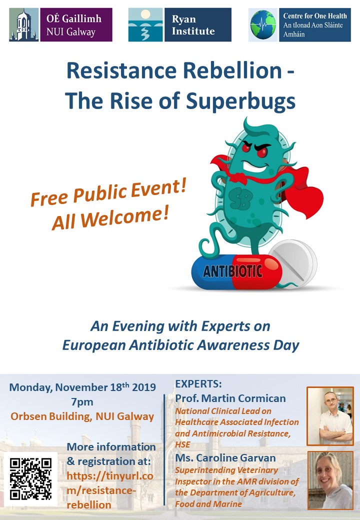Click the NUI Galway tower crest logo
coord(23,24)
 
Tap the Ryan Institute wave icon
coord(145,24)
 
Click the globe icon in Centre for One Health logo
coord(264,25)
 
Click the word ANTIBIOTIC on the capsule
coord(232,271)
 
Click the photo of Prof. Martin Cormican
coord(329,416)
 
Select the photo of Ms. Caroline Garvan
coord(329,479)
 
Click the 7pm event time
coord(82,402)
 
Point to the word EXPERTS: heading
coord(198,384)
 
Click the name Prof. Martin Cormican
coord(230,398)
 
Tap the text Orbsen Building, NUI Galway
coord(82,416)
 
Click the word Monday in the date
coord(29,387)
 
